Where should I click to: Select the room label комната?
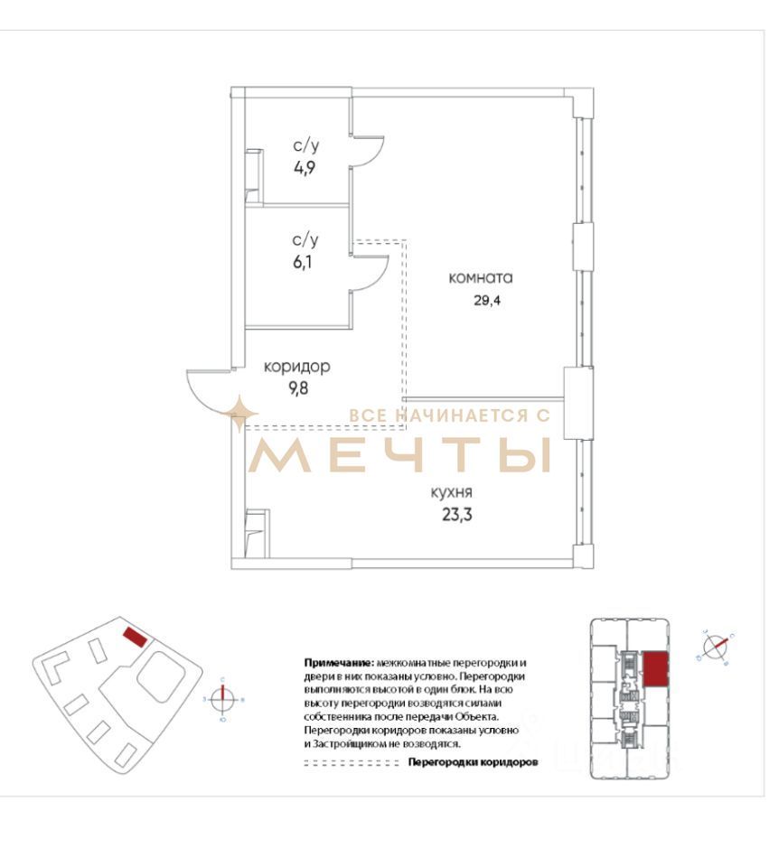(481, 278)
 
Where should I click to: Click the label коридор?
(296, 368)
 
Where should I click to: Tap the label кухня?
(452, 493)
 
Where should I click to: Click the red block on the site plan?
(135, 637)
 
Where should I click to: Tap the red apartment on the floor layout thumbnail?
(657, 669)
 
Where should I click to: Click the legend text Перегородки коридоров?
(473, 762)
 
